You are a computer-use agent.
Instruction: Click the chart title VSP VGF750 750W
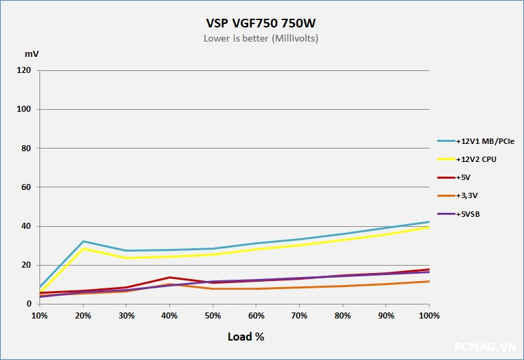pos(261,23)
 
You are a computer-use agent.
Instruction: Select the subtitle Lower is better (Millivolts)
pos(261,38)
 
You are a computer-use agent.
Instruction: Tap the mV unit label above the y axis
pos(32,54)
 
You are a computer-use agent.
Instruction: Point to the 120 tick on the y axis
pos(24,70)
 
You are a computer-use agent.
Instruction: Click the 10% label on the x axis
pos(39,315)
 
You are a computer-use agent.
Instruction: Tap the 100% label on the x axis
pos(428,315)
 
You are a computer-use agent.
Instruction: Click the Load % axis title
pos(246,337)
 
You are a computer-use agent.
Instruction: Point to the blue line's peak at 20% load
pos(83,241)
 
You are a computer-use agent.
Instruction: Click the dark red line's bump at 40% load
pos(169,277)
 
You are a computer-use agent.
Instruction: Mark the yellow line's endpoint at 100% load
pos(428,228)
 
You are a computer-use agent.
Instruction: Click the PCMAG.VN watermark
pos(484,347)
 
